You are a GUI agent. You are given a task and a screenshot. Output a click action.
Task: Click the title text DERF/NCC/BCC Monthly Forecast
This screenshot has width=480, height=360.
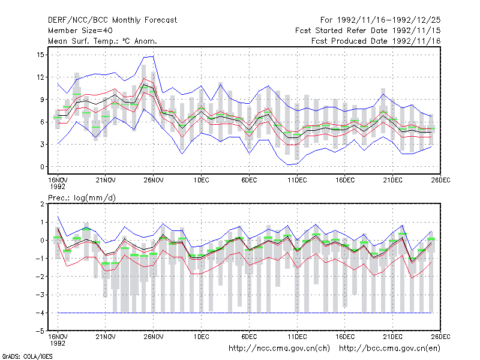coord(112,20)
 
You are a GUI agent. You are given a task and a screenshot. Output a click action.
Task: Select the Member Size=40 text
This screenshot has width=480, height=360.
coord(80,31)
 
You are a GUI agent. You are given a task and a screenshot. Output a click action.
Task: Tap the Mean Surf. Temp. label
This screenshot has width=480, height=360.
coord(82,41)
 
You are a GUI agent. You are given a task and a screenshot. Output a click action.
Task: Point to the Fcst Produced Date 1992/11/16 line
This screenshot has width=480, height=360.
coord(376,41)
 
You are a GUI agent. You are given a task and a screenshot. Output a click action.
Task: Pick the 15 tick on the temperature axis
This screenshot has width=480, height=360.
coord(40,55)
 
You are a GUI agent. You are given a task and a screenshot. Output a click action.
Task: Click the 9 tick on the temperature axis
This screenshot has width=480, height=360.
coord(42,100)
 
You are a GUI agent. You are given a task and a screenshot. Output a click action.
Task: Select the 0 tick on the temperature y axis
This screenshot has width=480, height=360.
coord(42,167)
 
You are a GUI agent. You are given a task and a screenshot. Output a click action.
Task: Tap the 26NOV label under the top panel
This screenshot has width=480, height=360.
coord(154,180)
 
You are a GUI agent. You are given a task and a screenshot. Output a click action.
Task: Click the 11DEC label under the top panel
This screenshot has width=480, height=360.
coord(297,180)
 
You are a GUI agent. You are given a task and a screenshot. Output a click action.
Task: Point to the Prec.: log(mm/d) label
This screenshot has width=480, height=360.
coord(82,198)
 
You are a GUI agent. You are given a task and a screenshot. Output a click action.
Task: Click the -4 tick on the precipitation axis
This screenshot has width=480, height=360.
coord(40,313)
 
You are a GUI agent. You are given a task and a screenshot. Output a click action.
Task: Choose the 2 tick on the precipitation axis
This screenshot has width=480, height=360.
coord(42,204)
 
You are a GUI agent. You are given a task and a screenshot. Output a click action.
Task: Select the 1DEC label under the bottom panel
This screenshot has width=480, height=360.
coord(201,337)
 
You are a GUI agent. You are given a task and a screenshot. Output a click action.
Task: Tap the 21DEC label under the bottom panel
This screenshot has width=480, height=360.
coord(393,337)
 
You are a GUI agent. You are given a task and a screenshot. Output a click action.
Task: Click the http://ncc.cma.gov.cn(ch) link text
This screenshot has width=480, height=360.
coord(279,349)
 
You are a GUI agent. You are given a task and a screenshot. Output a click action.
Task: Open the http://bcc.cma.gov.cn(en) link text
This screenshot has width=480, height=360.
coord(389,349)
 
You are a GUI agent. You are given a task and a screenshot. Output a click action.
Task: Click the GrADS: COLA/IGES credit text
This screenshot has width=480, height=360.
coord(27,356)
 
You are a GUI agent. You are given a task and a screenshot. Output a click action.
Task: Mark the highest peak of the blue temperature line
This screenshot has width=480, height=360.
coord(153,56)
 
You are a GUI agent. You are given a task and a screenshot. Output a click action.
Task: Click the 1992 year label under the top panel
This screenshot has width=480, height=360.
coord(58,187)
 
